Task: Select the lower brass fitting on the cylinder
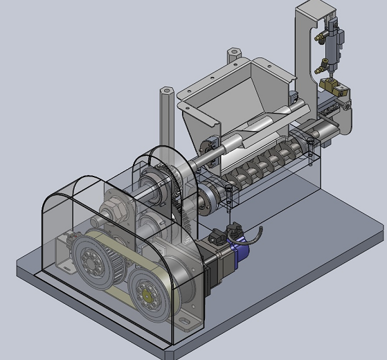pyautogui.click(x=321, y=67)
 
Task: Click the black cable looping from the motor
pyautogui.click(x=258, y=235)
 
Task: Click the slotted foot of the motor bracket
pyautogui.click(x=188, y=320)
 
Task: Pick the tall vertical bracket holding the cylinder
pyautogui.click(x=305, y=48)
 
